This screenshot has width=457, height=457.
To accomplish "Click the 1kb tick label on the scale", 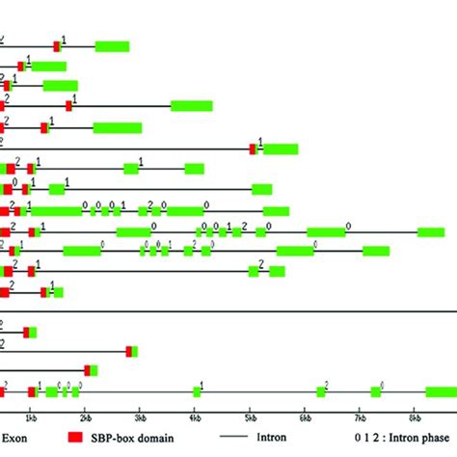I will pyautogui.click(x=30, y=417).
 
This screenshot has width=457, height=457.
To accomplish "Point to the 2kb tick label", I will pyautogui.click(x=86, y=417).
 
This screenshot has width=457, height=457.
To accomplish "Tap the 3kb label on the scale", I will pyautogui.click(x=141, y=417).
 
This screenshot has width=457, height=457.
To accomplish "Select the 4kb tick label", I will pyautogui.click(x=196, y=417).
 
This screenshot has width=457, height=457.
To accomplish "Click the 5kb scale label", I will pyautogui.click(x=251, y=417).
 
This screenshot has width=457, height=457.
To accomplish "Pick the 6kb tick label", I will pyautogui.click(x=307, y=417).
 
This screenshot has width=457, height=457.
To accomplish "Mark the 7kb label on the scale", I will pyautogui.click(x=362, y=417).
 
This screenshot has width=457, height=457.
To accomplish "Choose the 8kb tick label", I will pyautogui.click(x=417, y=417).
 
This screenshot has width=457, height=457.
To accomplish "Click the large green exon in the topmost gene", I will pyautogui.click(x=112, y=46).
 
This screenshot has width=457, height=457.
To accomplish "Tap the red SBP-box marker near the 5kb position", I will pyautogui.click(x=253, y=148).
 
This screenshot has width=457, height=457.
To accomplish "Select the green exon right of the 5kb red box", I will pyautogui.click(x=281, y=148).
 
